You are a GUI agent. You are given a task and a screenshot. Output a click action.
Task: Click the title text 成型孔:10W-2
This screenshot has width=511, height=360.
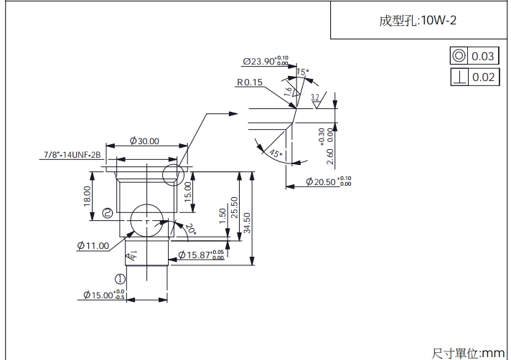point(418,20)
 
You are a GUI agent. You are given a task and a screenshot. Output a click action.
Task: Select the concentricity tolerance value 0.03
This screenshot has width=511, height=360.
point(483,56)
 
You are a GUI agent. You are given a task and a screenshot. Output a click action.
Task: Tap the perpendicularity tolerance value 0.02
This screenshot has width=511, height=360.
point(483,77)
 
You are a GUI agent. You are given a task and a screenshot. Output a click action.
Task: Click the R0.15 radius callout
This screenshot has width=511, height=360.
point(249,82)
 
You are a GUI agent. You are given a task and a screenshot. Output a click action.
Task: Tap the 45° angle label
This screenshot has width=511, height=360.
point(276,153)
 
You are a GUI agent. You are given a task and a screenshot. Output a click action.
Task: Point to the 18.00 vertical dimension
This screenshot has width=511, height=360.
point(88,196)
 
